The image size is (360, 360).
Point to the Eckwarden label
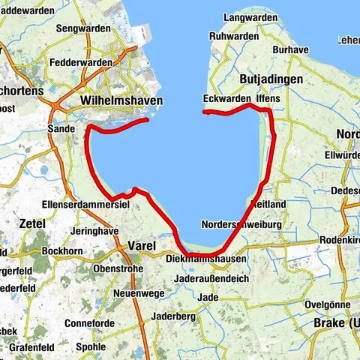click(x=225, y=98)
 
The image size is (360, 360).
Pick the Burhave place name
click(x=290, y=49)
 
